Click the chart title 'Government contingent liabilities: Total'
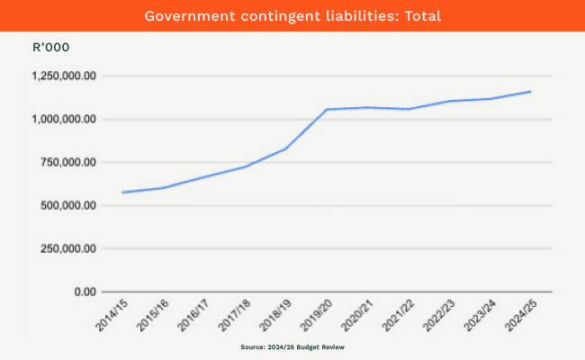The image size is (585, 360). (x=292, y=15)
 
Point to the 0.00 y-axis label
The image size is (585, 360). (x=84, y=292)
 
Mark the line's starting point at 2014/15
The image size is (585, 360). (x=122, y=193)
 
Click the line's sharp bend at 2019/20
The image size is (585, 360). (x=326, y=110)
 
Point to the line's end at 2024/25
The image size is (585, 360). (x=530, y=91)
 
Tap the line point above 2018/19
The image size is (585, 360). (x=285, y=148)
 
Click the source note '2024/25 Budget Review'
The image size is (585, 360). (x=292, y=346)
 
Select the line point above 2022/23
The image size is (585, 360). (x=449, y=101)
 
